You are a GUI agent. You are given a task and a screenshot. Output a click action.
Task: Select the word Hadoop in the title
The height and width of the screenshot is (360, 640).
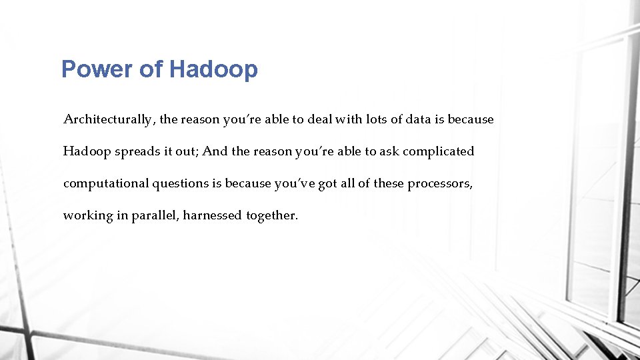[x=213, y=69]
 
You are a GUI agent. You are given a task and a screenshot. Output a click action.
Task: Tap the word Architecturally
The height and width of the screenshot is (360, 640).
[x=109, y=120]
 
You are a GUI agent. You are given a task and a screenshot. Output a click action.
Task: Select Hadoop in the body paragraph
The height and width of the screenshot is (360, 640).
[x=87, y=151]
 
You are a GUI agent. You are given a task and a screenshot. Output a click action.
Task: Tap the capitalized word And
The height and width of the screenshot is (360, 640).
[x=215, y=151]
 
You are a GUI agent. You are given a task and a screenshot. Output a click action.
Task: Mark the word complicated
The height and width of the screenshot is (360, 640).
[x=439, y=152]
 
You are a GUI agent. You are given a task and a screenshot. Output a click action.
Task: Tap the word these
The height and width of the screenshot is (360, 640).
[x=388, y=183]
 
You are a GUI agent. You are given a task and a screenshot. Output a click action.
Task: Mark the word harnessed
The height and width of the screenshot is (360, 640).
[x=213, y=215]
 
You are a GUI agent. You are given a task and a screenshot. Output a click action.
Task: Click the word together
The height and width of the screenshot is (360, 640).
[x=271, y=216]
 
